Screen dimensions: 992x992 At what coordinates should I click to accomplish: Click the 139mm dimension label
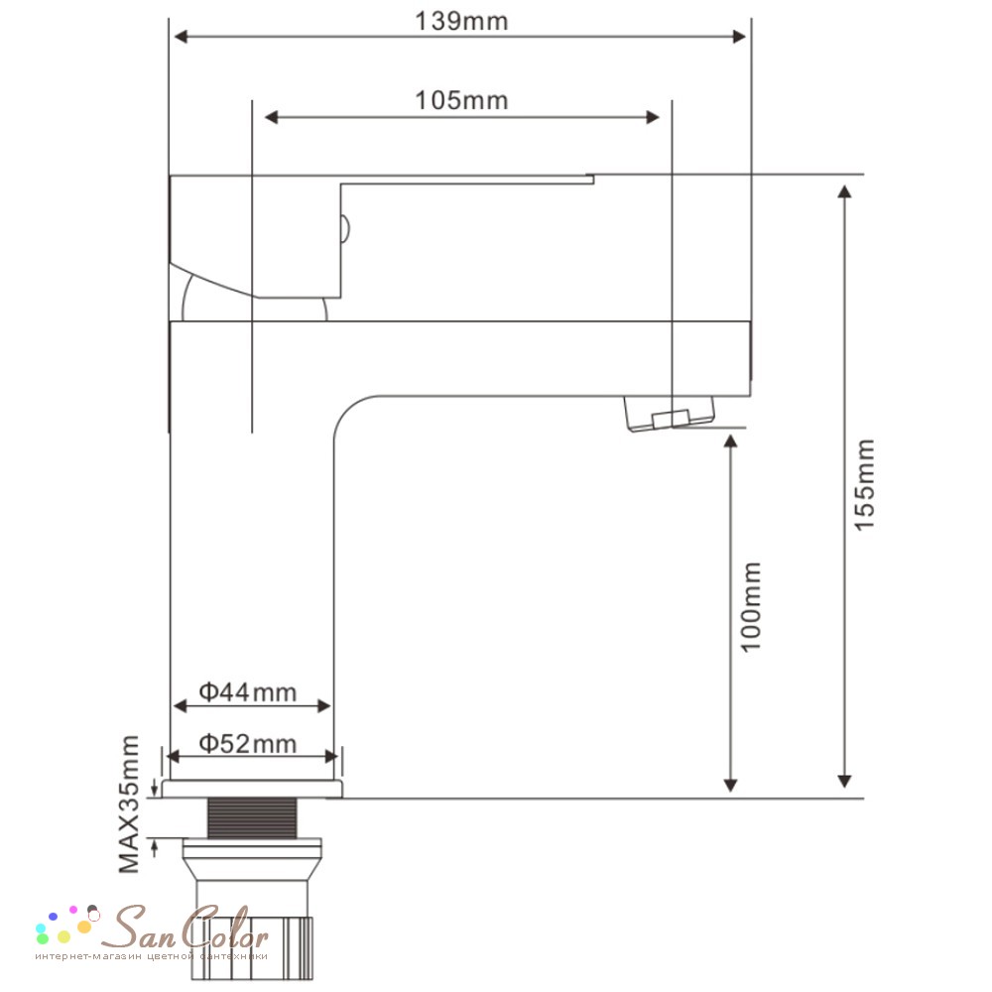click(x=461, y=22)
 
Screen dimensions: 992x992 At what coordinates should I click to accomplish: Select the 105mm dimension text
click(x=461, y=100)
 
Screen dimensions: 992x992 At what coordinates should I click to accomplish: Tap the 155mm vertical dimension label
click(x=865, y=485)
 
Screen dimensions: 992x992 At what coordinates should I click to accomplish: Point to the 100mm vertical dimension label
click(x=751, y=607)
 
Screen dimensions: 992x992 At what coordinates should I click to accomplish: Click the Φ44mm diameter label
click(x=248, y=692)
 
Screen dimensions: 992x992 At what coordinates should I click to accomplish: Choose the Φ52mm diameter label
click(x=248, y=744)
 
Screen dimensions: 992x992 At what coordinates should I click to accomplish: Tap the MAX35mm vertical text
click(x=129, y=805)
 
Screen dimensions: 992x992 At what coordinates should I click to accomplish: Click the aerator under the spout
click(x=670, y=413)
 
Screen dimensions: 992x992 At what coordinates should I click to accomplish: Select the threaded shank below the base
click(x=252, y=818)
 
